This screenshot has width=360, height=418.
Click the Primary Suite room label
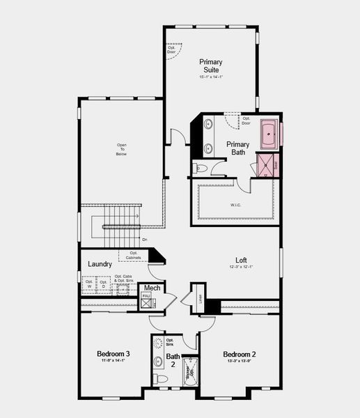click(210, 66)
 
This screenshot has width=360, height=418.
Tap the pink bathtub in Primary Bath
click(269, 134)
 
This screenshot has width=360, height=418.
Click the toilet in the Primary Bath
click(199, 167)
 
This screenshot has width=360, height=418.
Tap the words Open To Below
click(122, 149)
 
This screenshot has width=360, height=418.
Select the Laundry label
click(101, 264)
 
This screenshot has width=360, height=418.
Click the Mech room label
click(152, 288)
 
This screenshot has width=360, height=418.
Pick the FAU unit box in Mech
click(147, 301)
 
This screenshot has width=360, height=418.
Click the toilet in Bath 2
click(162, 378)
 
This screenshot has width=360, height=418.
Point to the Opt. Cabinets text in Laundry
click(133, 255)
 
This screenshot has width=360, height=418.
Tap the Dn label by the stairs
click(145, 240)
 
